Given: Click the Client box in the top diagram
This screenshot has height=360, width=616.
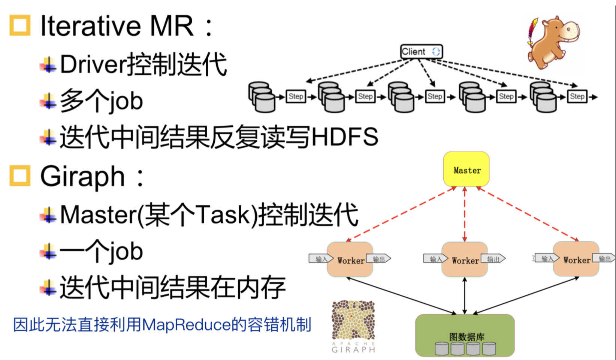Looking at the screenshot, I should coord(421,51).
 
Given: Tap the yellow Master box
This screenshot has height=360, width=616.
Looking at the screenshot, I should coord(466,169).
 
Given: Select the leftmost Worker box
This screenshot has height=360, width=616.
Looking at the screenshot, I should coord(350,259).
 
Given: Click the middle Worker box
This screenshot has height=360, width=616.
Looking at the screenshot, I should coord(465,259).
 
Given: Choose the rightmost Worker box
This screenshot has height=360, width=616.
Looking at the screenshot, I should coord(576,259).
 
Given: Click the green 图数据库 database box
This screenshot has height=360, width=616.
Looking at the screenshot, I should coord(465,335).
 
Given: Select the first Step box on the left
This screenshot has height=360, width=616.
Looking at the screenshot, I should coord(296,96).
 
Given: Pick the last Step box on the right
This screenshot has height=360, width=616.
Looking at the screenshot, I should coord(577,96).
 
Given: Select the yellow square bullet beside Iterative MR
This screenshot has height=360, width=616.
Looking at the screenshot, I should coord(20,25).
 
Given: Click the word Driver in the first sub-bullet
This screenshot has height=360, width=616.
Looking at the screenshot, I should coord(93,64).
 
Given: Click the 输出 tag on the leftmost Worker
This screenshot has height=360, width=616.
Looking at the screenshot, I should coord(378,259).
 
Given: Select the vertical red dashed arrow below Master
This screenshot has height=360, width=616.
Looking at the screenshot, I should coord(465,214).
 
